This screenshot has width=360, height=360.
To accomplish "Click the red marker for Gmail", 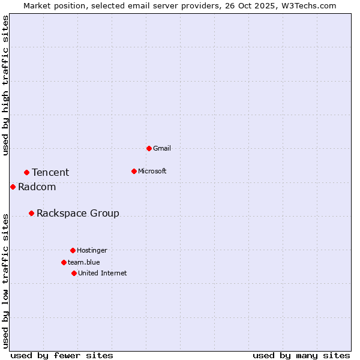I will pos(149,148).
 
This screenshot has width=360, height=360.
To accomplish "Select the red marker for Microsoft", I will pos(134,171).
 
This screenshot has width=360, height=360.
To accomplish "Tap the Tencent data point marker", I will pos(26,172).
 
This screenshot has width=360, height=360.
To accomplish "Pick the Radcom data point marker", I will pos(13,187).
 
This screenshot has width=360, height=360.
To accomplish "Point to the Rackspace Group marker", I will pos(31,213).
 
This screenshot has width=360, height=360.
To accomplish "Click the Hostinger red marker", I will pos(73,250).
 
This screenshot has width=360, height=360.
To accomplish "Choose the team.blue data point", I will pos(64,262).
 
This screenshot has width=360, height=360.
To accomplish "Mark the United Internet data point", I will pos(74,273).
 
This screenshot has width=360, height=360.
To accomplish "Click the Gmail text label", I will pos(162,148).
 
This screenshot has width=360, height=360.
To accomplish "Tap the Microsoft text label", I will pos(152,171).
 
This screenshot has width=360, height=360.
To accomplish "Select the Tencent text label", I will pos(50,173).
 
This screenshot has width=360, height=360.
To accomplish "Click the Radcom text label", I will pos(37,187).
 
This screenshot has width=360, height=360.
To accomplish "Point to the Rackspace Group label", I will pos(78,214).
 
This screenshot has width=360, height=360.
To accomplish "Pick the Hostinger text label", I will pos(92,250).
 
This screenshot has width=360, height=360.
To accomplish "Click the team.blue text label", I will pos(84,262).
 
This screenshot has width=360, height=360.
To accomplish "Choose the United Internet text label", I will pos(103,273).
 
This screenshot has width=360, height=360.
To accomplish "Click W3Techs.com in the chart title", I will pos(308,5).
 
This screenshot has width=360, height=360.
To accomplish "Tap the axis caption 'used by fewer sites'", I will pos(62,355).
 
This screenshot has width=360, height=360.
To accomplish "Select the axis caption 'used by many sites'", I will pos(301,355).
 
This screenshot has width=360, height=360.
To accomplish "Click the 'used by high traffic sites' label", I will pos(5,85).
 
